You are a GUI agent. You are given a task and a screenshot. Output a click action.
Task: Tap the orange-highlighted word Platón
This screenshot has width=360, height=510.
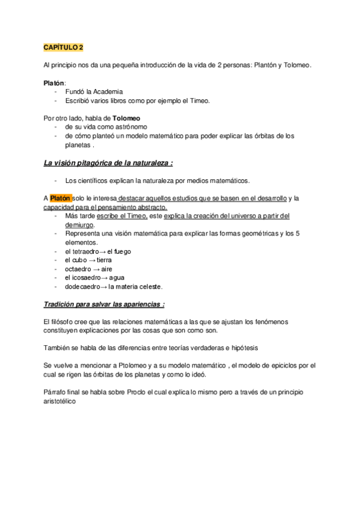pos(60,198)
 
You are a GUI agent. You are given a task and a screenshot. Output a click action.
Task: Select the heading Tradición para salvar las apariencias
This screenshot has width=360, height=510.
pos(104,304)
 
